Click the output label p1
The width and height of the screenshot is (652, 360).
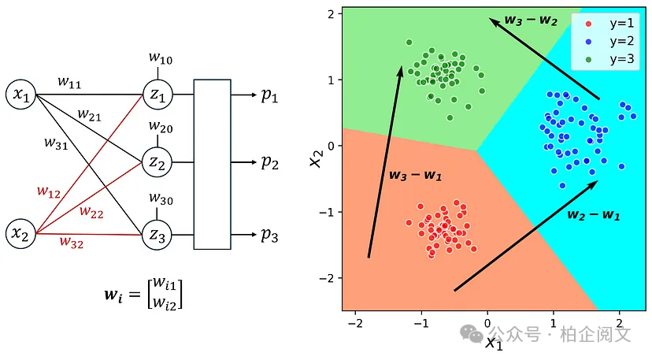269,95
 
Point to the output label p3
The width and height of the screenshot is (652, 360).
269,234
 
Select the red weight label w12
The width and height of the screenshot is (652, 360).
48,191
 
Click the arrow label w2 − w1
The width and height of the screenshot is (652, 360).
595,214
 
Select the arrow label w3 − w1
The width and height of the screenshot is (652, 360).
416,175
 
